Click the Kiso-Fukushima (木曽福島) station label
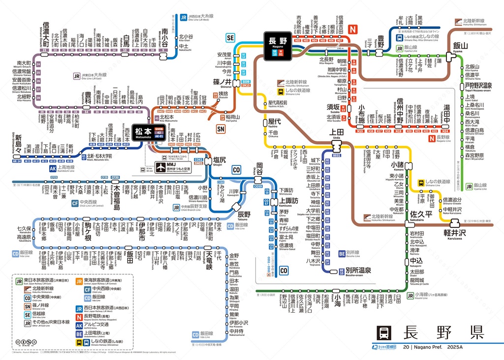117,197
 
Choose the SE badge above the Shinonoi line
230,38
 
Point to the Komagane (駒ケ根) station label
88,231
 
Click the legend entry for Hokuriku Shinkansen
39,289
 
